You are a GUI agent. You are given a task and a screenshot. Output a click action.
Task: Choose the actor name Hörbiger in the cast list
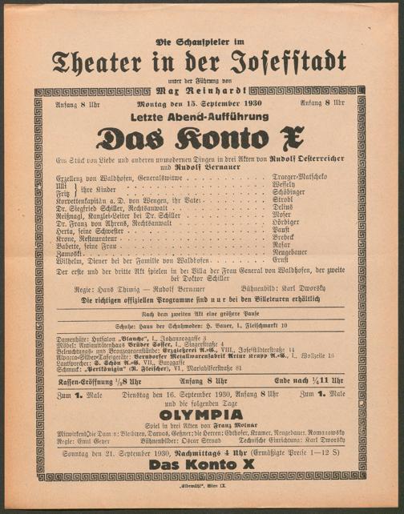click(x=300, y=221)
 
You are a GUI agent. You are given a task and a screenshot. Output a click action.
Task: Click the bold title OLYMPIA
click(x=201, y=414)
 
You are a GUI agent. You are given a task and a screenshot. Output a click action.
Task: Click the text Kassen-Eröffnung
click(x=78, y=380)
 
